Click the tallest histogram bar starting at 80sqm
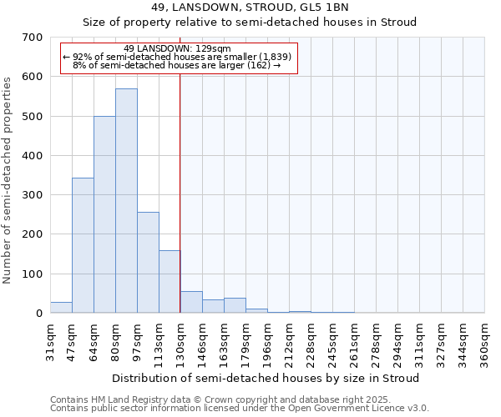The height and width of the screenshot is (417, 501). [126, 200]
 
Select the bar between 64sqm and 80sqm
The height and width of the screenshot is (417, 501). [104, 214]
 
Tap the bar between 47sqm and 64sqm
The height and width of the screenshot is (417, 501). [83, 245]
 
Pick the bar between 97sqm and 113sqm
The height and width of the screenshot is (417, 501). [148, 263]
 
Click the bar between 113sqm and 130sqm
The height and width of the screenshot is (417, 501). [170, 282]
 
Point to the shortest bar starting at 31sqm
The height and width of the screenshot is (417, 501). [61, 308]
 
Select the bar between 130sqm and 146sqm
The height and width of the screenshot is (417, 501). [191, 303]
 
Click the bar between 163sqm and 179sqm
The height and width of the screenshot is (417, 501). [235, 306]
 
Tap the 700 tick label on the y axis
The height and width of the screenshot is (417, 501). [33, 38]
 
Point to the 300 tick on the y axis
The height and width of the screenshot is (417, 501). [33, 195]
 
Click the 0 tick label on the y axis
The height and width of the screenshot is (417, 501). [38, 314]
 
